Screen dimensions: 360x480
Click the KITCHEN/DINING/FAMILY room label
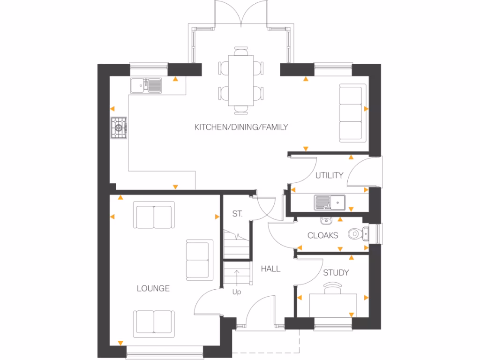[x=241, y=127]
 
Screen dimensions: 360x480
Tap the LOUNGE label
[x=153, y=289]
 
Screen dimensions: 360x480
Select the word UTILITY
[x=329, y=175]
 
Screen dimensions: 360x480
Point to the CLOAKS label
[x=322, y=235]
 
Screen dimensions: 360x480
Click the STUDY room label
[x=336, y=272]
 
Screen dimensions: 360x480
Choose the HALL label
[x=270, y=269]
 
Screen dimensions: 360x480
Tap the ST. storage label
[x=237, y=214]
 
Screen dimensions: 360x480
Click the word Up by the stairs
[x=237, y=292]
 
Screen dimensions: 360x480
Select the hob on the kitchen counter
[x=119, y=127]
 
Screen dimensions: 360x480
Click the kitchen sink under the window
[x=146, y=85]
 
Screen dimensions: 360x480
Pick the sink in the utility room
[x=330, y=202]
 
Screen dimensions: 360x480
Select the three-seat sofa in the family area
[x=352, y=113]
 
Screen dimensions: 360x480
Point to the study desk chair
[x=332, y=286]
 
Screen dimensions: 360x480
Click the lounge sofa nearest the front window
[x=154, y=323]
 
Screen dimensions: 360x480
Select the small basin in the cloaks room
[x=327, y=220]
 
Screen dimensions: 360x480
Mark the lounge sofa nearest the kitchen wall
[x=154, y=215]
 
